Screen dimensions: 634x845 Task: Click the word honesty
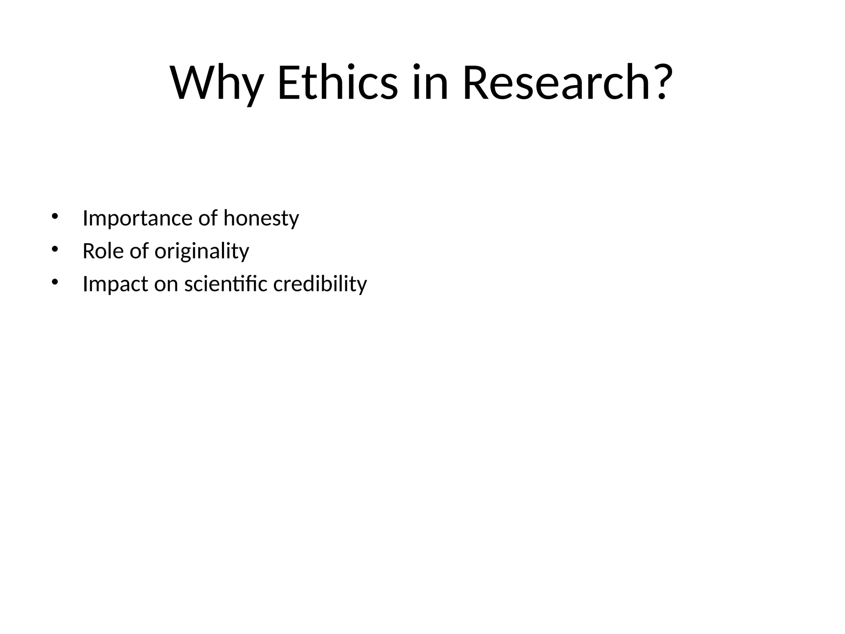[261, 218]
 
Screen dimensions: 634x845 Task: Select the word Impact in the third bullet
[115, 284]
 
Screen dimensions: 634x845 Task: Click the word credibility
[320, 284]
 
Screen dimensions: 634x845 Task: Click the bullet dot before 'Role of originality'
[54, 249]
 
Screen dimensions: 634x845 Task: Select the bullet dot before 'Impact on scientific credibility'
[54, 282]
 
